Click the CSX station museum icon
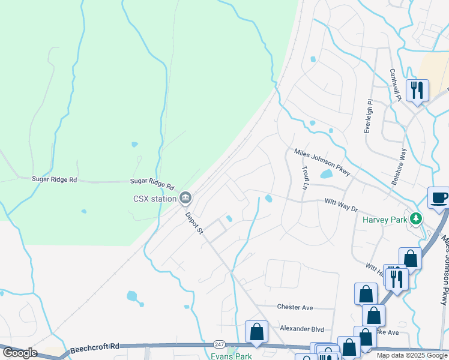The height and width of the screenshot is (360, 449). [x=185, y=197]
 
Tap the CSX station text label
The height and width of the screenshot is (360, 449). [x=154, y=198]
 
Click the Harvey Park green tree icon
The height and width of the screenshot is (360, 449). [x=415, y=219]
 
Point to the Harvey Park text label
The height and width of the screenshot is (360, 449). [x=385, y=219]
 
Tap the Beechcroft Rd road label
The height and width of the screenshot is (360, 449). [x=95, y=347]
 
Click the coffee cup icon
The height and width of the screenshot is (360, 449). [x=439, y=197]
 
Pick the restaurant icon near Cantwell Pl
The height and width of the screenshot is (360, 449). [x=417, y=90]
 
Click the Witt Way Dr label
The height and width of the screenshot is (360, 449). [x=341, y=205]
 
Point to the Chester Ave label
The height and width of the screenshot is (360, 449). [x=295, y=307]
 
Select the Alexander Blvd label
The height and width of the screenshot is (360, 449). [x=302, y=329]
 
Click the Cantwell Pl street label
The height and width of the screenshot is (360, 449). [x=394, y=84]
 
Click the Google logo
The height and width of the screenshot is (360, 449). [x=19, y=353]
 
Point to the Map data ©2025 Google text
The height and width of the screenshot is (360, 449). [x=412, y=355]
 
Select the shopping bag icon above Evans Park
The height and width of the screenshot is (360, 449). [x=256, y=331]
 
